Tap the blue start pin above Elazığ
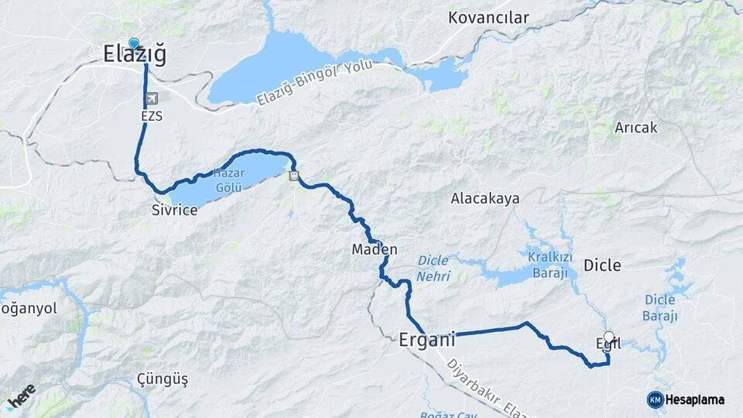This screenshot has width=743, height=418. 135,43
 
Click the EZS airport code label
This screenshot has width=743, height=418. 152,115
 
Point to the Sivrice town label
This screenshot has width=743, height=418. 175,210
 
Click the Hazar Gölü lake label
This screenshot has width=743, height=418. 228,180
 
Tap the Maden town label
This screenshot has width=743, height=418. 375,249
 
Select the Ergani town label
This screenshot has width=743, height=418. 426,339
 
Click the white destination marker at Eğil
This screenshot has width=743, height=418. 609,337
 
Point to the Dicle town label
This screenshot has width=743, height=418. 602,266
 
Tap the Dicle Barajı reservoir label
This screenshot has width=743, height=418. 660,307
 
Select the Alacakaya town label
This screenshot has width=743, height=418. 485,198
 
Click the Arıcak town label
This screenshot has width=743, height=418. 635,128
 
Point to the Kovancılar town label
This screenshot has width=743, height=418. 488,17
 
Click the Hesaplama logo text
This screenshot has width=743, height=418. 694,400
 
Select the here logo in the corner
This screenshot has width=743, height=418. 21,396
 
